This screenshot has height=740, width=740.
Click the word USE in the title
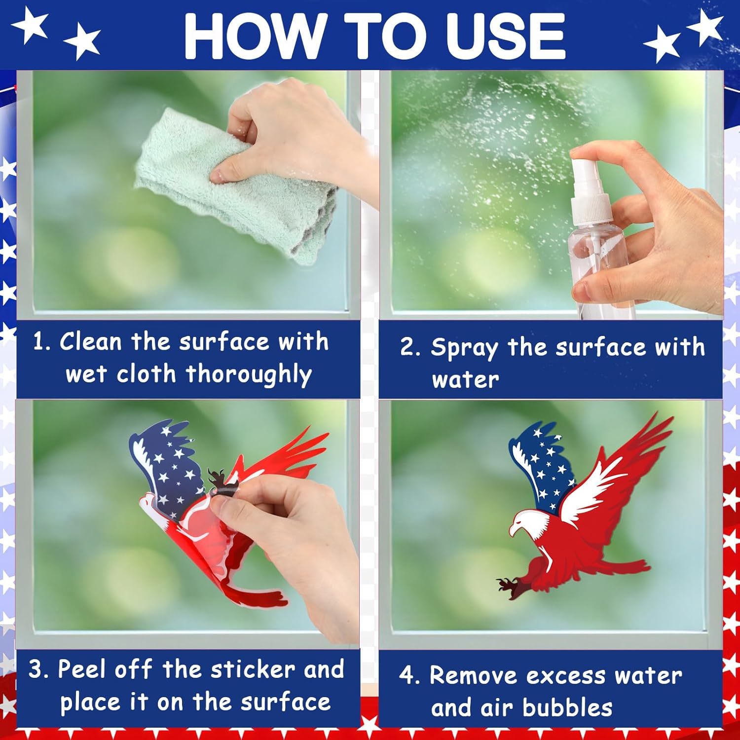tap(498, 36)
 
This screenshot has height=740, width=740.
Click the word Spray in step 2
tap(464, 348)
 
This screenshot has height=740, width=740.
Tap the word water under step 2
tap(465, 380)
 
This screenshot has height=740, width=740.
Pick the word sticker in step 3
tap(253, 669)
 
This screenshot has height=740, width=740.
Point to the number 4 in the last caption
tap(407, 676)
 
